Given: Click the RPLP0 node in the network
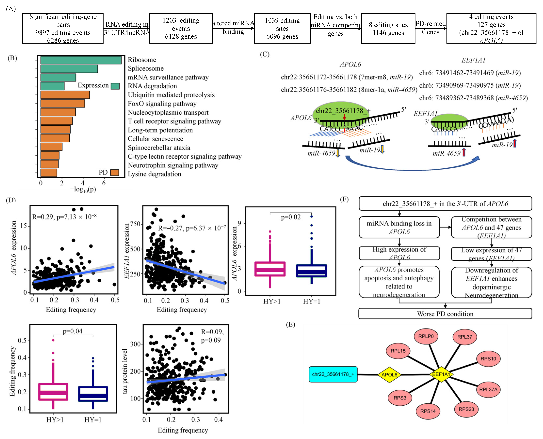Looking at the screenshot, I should tap(426, 336).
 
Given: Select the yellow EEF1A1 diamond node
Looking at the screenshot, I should tap(441, 374).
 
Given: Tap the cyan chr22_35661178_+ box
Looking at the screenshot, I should tap(333, 374).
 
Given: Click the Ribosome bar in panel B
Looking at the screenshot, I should tap(81, 60).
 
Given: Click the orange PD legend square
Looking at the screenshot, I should tap(115, 172).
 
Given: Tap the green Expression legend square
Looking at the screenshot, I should tap(115, 86).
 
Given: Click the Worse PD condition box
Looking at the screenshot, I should tap(445, 314).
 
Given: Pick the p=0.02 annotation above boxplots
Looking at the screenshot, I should tap(291, 217).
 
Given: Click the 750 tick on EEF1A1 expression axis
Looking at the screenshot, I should tap(135, 224).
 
